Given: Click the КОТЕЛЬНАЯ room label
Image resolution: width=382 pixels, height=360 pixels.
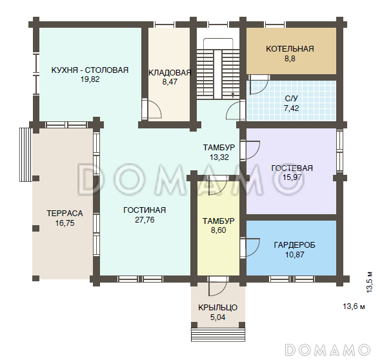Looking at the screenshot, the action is click(290, 49).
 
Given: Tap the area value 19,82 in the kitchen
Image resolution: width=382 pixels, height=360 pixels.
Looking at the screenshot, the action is click(90, 79).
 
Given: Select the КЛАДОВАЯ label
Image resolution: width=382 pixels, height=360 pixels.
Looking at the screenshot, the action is click(170, 73).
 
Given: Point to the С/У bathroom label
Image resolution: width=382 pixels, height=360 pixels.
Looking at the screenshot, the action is click(292, 99).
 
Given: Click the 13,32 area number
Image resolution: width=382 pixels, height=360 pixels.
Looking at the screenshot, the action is click(219, 157).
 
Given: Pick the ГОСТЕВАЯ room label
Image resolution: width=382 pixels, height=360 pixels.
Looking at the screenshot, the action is click(292, 168).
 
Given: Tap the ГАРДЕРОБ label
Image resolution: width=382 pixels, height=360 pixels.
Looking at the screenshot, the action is click(294, 245).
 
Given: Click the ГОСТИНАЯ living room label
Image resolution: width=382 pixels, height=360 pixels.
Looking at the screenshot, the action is click(145, 210).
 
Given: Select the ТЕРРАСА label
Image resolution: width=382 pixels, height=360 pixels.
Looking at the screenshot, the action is click(65, 214).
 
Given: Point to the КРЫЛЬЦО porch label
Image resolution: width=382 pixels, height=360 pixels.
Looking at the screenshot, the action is click(218, 307).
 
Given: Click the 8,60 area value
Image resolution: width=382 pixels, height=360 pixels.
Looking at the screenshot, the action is click(219, 230).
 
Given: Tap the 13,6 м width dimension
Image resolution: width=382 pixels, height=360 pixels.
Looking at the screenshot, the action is click(354, 306).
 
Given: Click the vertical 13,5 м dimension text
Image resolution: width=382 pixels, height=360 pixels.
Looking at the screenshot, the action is click(370, 282).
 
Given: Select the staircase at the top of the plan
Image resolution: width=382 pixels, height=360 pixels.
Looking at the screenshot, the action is click(218, 69).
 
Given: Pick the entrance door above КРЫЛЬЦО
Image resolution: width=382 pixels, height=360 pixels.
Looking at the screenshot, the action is click(218, 286).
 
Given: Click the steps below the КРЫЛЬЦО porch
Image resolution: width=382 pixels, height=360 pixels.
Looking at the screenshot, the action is click(218, 335).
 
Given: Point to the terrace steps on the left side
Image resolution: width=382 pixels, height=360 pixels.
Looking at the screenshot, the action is click(26, 154).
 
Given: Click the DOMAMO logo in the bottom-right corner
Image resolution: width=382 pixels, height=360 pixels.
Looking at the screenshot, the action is click(328, 350).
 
